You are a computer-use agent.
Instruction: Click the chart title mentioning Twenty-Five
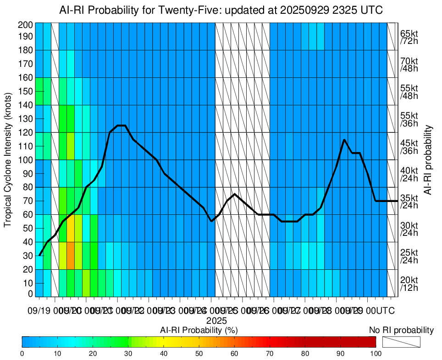click(221, 10)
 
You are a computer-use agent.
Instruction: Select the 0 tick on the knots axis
click(30, 294)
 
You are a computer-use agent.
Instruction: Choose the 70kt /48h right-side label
click(409, 65)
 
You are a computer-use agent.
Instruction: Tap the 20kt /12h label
click(409, 284)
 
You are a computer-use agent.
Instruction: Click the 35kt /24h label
click(409, 202)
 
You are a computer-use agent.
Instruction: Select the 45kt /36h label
click(409, 147)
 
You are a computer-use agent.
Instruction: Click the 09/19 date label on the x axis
click(39, 311)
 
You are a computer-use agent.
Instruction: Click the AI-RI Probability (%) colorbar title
click(199, 330)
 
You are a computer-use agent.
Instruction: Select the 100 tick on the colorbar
click(376, 353)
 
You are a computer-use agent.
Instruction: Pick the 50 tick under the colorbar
click(199, 353)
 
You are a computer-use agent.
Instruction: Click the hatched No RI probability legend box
click(401, 342)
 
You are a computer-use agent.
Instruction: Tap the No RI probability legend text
click(401, 330)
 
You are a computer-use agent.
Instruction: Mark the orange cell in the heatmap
click(71, 256)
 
